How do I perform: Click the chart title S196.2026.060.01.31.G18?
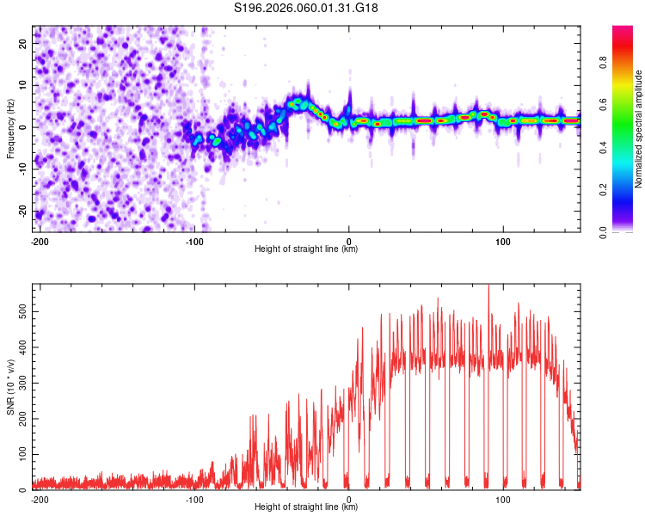306,9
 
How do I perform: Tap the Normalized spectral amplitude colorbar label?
638,129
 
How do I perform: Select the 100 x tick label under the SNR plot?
504,499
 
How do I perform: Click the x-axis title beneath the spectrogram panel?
306,249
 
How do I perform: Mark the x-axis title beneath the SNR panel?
306,507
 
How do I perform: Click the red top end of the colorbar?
622,29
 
